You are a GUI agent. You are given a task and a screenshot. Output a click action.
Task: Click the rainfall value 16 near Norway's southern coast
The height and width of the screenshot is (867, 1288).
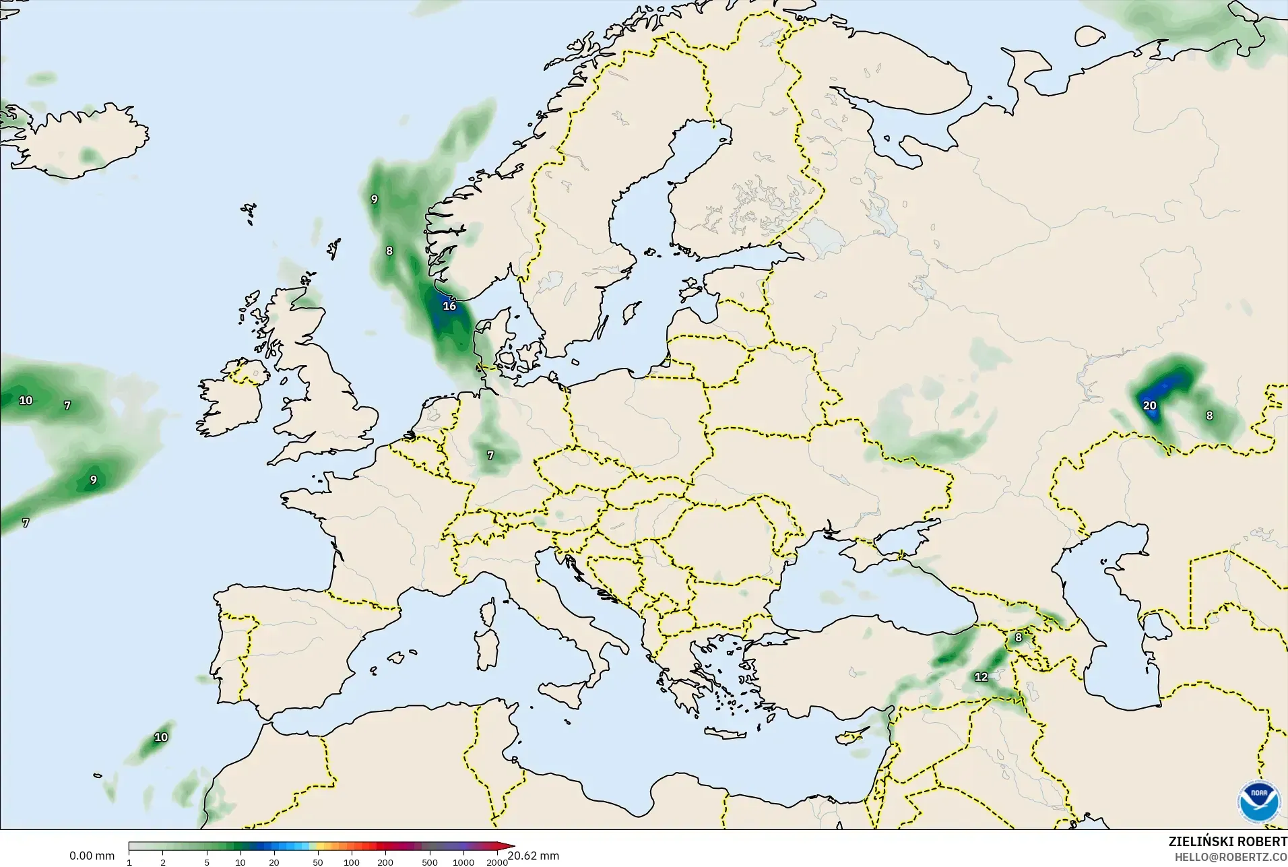pyautogui.click(x=449, y=306)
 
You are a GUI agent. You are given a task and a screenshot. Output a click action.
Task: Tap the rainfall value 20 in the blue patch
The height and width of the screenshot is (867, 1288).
pyautogui.click(x=1149, y=406)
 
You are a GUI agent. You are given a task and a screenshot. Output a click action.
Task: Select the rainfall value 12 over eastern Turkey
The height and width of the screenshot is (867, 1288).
pyautogui.click(x=981, y=677)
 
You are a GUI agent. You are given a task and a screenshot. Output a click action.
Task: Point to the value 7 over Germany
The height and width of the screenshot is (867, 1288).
pyautogui.click(x=490, y=455)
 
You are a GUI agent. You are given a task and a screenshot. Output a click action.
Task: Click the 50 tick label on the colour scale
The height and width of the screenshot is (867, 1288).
pyautogui.click(x=317, y=862)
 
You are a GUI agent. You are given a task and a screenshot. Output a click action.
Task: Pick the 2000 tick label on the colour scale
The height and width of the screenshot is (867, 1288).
pyautogui.click(x=497, y=862)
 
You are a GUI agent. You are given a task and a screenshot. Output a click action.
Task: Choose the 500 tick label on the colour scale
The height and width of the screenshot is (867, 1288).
pyautogui.click(x=429, y=862)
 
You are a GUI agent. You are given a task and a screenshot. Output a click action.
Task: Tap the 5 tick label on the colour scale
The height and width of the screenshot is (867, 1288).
pyautogui.click(x=207, y=862)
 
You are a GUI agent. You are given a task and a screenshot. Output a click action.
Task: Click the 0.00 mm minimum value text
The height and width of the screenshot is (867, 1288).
pyautogui.click(x=92, y=856)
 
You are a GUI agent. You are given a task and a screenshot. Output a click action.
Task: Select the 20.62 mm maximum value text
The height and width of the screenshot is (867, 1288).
pyautogui.click(x=534, y=856)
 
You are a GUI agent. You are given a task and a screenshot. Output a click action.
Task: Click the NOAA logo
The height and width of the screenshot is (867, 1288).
pyautogui.click(x=1258, y=800)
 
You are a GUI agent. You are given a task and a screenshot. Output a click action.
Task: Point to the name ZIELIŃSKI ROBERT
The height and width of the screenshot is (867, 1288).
pyautogui.click(x=1227, y=842)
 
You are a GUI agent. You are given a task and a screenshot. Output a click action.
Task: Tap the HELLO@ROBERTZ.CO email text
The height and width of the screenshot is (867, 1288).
pyautogui.click(x=1231, y=858)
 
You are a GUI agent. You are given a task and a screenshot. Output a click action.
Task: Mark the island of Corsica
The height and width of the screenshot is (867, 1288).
pyautogui.click(x=488, y=611)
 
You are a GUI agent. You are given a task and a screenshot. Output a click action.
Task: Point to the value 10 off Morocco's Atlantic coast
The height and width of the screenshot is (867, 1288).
pyautogui.click(x=161, y=737)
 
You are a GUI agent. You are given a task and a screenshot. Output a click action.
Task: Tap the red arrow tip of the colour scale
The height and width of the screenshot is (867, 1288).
pyautogui.click(x=511, y=846)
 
